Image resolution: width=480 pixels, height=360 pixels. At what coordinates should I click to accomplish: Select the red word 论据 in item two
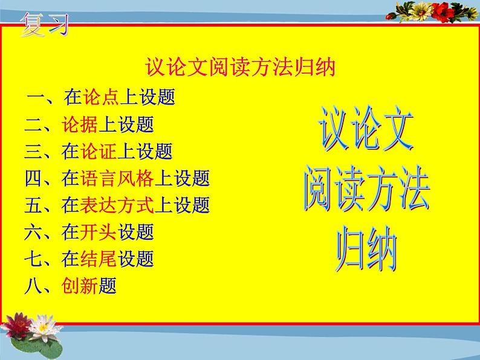(x=79, y=124)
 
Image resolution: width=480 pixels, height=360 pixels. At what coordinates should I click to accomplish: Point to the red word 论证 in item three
(x=99, y=151)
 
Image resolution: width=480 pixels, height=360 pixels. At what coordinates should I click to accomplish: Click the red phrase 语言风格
(x=117, y=178)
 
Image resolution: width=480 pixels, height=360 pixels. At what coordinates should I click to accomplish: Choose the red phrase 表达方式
(x=117, y=205)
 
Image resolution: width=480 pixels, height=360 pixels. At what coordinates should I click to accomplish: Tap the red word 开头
(x=99, y=232)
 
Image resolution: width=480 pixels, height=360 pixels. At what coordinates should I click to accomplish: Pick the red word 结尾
(x=99, y=259)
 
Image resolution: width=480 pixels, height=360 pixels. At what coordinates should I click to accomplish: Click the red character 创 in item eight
(x=70, y=286)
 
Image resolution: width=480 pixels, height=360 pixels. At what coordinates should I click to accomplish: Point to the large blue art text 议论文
(x=366, y=129)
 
